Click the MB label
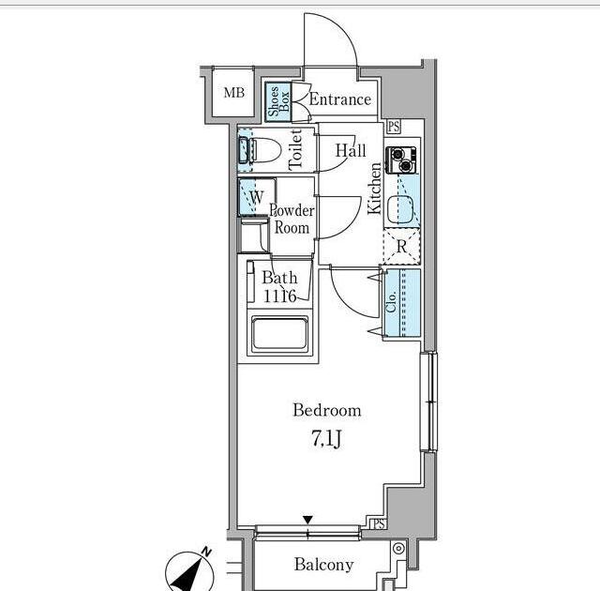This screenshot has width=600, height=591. (233, 92)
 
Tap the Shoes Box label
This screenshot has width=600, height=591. (278, 101)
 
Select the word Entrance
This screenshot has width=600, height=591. (339, 99)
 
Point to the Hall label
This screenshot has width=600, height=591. (351, 150)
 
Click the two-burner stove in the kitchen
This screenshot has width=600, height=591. (401, 159)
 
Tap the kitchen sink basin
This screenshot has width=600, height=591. (400, 210)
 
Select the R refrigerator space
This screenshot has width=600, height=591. (402, 246)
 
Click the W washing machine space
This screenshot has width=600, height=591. (257, 197)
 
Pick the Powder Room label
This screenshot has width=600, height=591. (292, 219)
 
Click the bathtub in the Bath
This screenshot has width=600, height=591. (279, 335)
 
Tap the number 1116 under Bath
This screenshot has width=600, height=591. (279, 295)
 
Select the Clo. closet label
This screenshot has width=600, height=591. (391, 302)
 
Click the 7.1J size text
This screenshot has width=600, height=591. (326, 440)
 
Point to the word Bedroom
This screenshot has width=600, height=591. (327, 410)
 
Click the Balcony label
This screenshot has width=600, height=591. (323, 565)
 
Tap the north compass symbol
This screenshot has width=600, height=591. (189, 571)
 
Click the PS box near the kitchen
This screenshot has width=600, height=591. (394, 127)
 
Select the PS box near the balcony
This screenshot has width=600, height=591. (379, 523)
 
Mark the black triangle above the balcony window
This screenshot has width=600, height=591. (308, 520)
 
